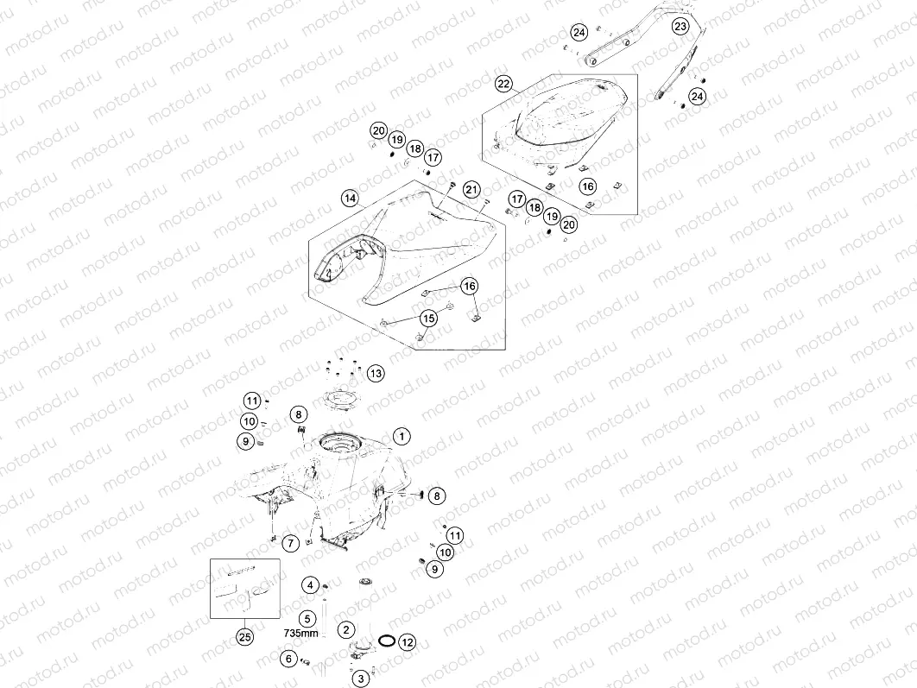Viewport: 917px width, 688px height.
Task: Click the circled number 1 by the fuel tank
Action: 402,436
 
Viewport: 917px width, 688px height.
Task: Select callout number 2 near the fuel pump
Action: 346,629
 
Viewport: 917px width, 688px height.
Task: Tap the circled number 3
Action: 361,679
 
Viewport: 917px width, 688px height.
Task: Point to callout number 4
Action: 310,584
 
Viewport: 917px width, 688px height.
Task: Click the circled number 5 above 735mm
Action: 307,618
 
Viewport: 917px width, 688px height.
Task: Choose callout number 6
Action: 288,659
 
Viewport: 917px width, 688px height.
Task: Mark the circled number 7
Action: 291,543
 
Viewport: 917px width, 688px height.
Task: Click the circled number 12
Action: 407,642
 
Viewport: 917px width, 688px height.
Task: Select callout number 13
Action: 376,373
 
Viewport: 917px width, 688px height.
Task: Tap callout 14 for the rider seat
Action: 350,199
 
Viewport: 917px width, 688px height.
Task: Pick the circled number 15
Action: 428,319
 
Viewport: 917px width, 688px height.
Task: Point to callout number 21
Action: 471,189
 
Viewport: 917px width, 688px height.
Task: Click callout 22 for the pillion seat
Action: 503,85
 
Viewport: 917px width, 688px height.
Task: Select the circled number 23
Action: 680,26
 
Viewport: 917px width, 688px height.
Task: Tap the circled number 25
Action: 245,636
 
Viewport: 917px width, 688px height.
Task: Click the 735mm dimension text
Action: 301,633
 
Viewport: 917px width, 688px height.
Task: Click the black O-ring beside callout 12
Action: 387,635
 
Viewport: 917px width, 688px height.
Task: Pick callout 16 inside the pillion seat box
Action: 588,186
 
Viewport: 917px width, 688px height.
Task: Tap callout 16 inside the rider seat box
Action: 470,286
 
